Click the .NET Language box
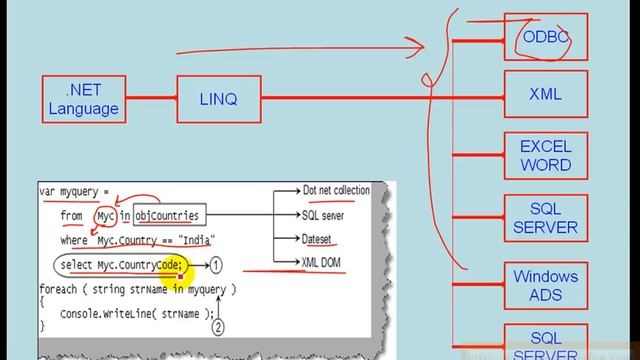click(83, 99)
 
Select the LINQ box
click(219, 98)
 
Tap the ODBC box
click(545, 37)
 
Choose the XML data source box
click(545, 95)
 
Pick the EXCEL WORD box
click(545, 156)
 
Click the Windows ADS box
click(545, 285)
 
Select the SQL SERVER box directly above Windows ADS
click(545, 218)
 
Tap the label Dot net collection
click(335, 190)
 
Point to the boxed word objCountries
click(167, 215)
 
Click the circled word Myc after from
click(105, 215)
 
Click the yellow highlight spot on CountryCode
click(181, 264)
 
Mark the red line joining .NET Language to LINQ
click(150, 98)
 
